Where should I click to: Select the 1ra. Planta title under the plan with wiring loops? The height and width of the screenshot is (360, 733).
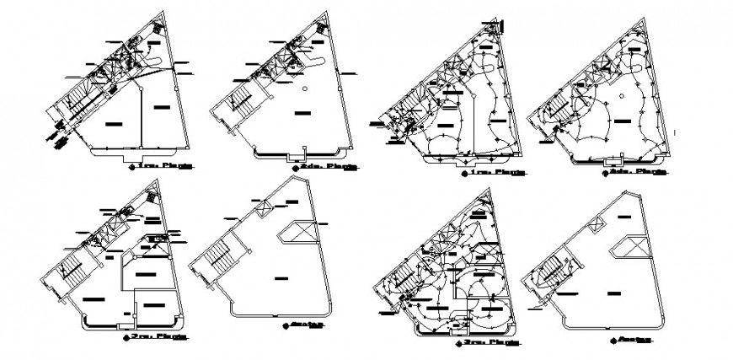497,173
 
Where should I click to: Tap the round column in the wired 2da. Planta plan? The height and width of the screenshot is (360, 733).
621,98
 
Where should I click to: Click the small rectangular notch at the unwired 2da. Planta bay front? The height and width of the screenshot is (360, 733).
295,157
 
